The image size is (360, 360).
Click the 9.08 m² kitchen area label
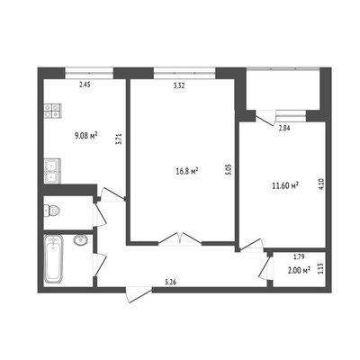[85, 136]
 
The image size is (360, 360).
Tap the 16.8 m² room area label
[186, 171]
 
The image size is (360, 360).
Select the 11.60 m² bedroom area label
[285, 185]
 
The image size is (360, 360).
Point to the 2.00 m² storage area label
[299, 271]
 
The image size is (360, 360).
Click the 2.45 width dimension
[85, 85]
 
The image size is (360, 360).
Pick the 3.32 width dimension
[179, 85]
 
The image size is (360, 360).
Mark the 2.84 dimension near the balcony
[284, 129]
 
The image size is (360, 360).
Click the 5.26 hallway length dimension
[170, 282]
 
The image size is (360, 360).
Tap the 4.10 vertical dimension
[322, 184]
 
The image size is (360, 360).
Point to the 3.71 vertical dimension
[119, 139]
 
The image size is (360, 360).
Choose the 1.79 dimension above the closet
[299, 256]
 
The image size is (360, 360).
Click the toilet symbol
[52, 211]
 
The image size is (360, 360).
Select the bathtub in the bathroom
[53, 259]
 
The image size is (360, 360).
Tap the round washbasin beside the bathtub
[80, 239]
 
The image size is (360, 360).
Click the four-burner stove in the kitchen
[53, 111]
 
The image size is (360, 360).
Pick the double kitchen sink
[52, 171]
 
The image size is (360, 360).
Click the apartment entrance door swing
[139, 294]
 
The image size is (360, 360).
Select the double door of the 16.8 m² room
[180, 238]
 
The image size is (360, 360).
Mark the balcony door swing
[266, 118]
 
